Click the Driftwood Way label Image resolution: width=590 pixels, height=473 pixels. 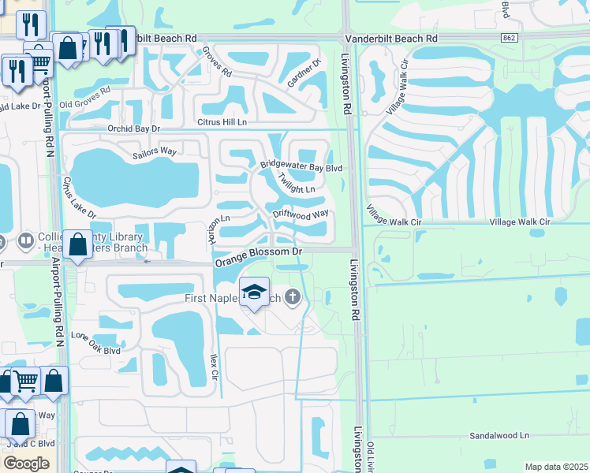coord(300,213)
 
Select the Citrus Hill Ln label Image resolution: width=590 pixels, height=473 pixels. coord(221,122)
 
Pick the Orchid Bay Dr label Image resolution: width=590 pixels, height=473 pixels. coord(134,128)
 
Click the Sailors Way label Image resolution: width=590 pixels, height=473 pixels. coord(155,151)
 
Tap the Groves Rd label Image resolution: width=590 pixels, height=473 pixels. coord(216,61)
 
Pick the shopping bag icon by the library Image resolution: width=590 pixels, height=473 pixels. coord(78,245)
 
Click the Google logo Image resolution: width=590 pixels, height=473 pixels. coord(26,464)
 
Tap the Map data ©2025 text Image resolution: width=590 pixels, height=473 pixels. coord(556,467)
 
